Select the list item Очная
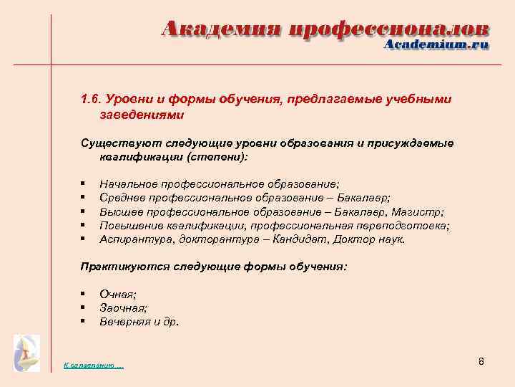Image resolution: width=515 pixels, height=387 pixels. (x=118, y=294)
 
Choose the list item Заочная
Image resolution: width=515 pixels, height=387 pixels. (x=123, y=307)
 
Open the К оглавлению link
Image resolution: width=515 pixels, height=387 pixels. (x=93, y=366)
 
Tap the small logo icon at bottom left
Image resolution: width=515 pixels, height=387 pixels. (x=27, y=353)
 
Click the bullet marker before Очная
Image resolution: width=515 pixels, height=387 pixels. (x=84, y=294)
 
